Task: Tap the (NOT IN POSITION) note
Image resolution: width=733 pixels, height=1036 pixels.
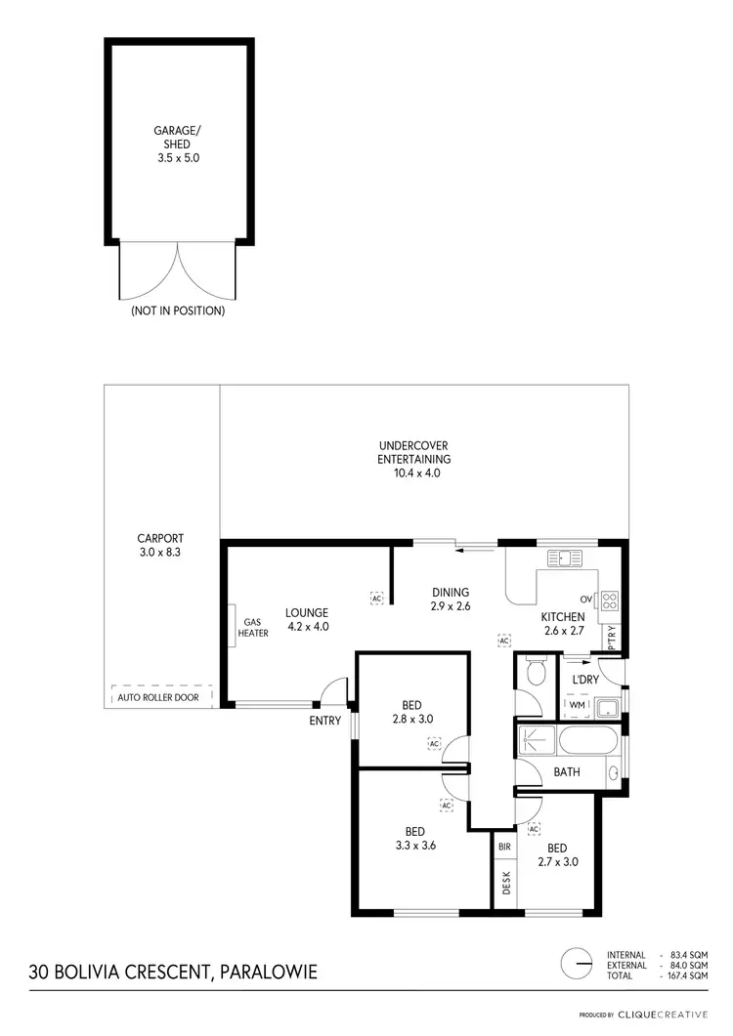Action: click(178, 311)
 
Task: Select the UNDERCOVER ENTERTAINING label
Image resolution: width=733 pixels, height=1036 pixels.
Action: click(413, 459)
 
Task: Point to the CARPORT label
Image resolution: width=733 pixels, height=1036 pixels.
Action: click(160, 545)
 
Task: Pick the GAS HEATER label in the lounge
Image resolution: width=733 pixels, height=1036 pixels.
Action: click(253, 627)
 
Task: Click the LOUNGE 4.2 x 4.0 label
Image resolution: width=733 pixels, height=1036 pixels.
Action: click(306, 620)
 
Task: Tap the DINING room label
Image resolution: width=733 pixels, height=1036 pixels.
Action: click(450, 599)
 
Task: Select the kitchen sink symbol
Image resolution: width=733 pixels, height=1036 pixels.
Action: click(565, 559)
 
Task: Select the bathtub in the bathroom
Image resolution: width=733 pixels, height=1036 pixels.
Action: click(586, 740)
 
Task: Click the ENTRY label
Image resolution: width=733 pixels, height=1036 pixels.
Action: click(324, 722)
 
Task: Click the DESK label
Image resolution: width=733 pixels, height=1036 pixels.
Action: click(506, 884)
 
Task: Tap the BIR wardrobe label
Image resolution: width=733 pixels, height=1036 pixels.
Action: click(505, 847)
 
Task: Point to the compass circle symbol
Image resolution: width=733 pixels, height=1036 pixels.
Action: click(577, 963)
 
